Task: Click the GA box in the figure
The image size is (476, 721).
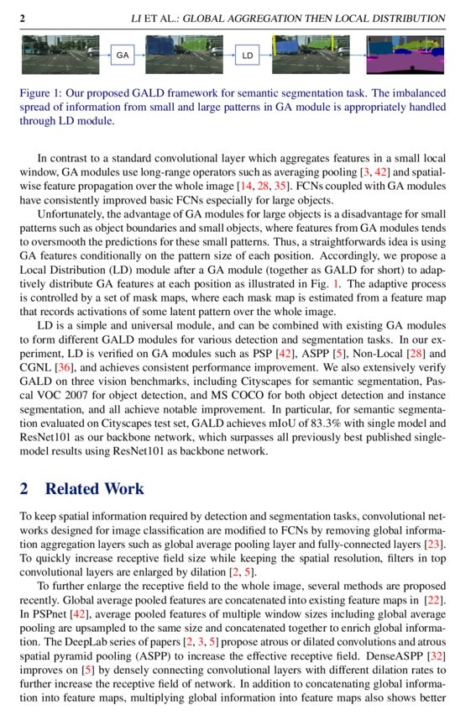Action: pos(123,55)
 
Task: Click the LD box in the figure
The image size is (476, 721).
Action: pos(248,55)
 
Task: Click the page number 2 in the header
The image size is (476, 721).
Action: pos(23,18)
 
